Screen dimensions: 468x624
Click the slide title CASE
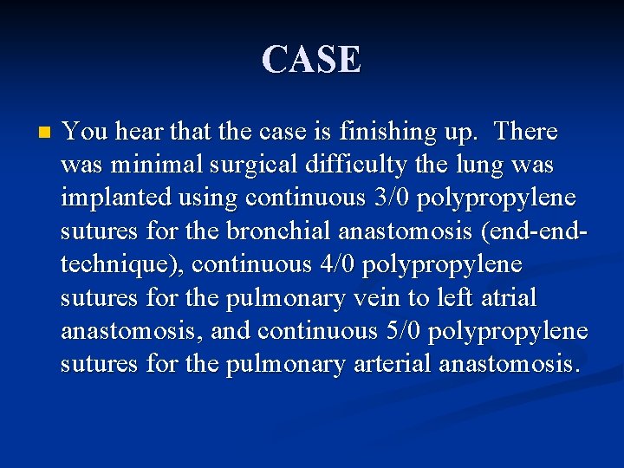(x=311, y=60)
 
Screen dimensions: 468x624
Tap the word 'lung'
(x=475, y=165)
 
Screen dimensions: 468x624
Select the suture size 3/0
(x=392, y=198)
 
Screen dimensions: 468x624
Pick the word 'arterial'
(x=392, y=363)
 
